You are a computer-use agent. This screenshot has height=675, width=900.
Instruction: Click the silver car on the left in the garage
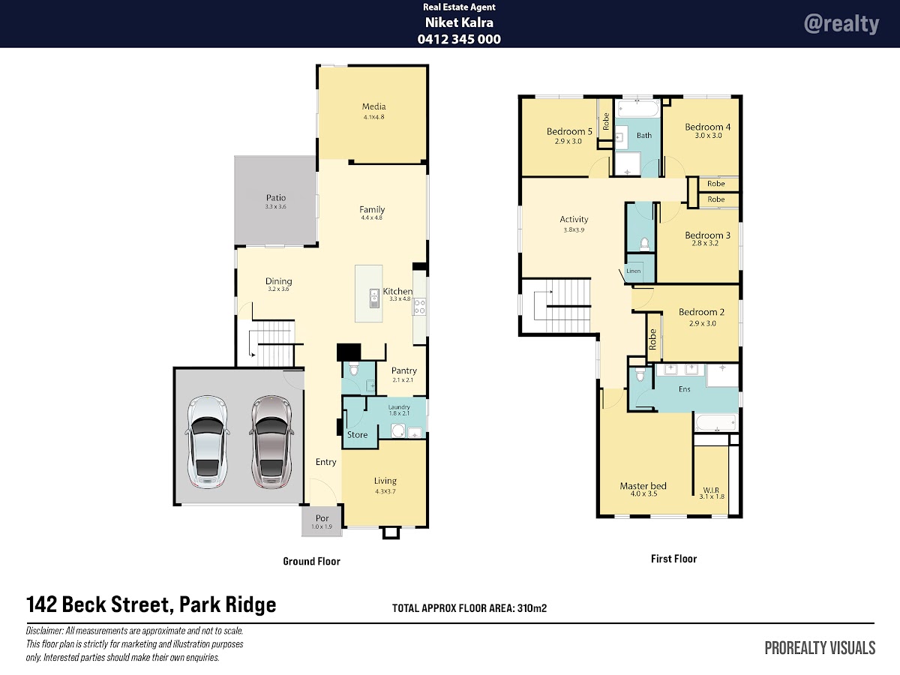pyautogui.click(x=208, y=442)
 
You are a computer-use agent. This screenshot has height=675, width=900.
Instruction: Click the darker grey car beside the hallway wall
pyautogui.click(x=271, y=442)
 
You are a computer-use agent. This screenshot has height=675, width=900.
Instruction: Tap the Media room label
pyautogui.click(x=373, y=106)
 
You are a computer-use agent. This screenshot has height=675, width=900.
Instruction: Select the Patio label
pyautogui.click(x=275, y=197)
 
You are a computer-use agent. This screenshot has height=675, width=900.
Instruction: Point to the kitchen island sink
pyautogui.click(x=374, y=298)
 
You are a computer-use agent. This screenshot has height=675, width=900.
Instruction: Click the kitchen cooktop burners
pyautogui.click(x=419, y=307)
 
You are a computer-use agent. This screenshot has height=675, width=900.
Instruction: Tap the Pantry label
pyautogui.click(x=403, y=370)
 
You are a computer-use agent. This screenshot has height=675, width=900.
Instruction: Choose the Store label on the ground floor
pyautogui.click(x=357, y=435)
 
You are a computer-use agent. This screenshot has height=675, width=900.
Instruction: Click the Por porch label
pyautogui.click(x=322, y=518)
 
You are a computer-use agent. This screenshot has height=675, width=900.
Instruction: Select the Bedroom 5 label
pyautogui.click(x=569, y=131)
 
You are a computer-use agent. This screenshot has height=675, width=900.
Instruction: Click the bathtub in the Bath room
pyautogui.click(x=638, y=109)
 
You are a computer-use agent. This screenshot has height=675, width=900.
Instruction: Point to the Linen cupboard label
pyautogui.click(x=633, y=271)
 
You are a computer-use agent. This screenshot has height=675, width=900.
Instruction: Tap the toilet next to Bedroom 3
pyautogui.click(x=644, y=244)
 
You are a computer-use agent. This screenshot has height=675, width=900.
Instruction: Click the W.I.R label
pyautogui.click(x=711, y=490)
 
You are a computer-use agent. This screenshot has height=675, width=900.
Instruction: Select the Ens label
pyautogui.click(x=684, y=389)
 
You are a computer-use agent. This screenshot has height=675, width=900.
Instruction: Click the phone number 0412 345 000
pyautogui.click(x=459, y=39)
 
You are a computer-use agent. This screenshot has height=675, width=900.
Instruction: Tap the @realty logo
pyautogui.click(x=841, y=24)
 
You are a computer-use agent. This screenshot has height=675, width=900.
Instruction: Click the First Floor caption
pyautogui.click(x=673, y=559)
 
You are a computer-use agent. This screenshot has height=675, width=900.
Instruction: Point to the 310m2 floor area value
pyautogui.click(x=532, y=607)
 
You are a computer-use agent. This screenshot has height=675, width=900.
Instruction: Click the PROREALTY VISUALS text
pyautogui.click(x=820, y=648)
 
